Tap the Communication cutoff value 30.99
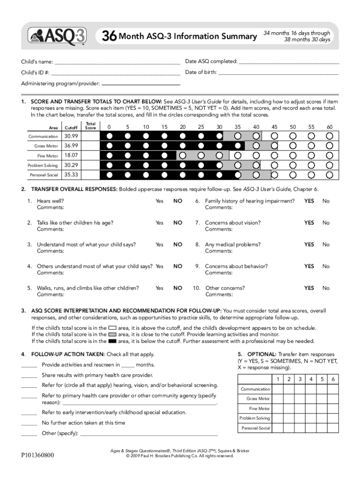point(71,136)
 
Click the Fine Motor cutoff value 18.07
point(71,155)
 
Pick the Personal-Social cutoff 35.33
point(71,175)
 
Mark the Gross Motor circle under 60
point(330,146)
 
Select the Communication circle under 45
point(274,136)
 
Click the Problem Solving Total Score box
point(91,165)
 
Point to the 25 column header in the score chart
point(201,127)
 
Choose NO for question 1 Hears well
point(178,201)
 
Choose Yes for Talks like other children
point(159,223)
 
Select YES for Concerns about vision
point(309,223)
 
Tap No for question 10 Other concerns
point(326,288)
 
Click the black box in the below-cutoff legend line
point(112,341)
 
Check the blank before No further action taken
point(29,423)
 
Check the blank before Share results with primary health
point(29,376)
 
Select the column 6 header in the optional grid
point(332,379)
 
